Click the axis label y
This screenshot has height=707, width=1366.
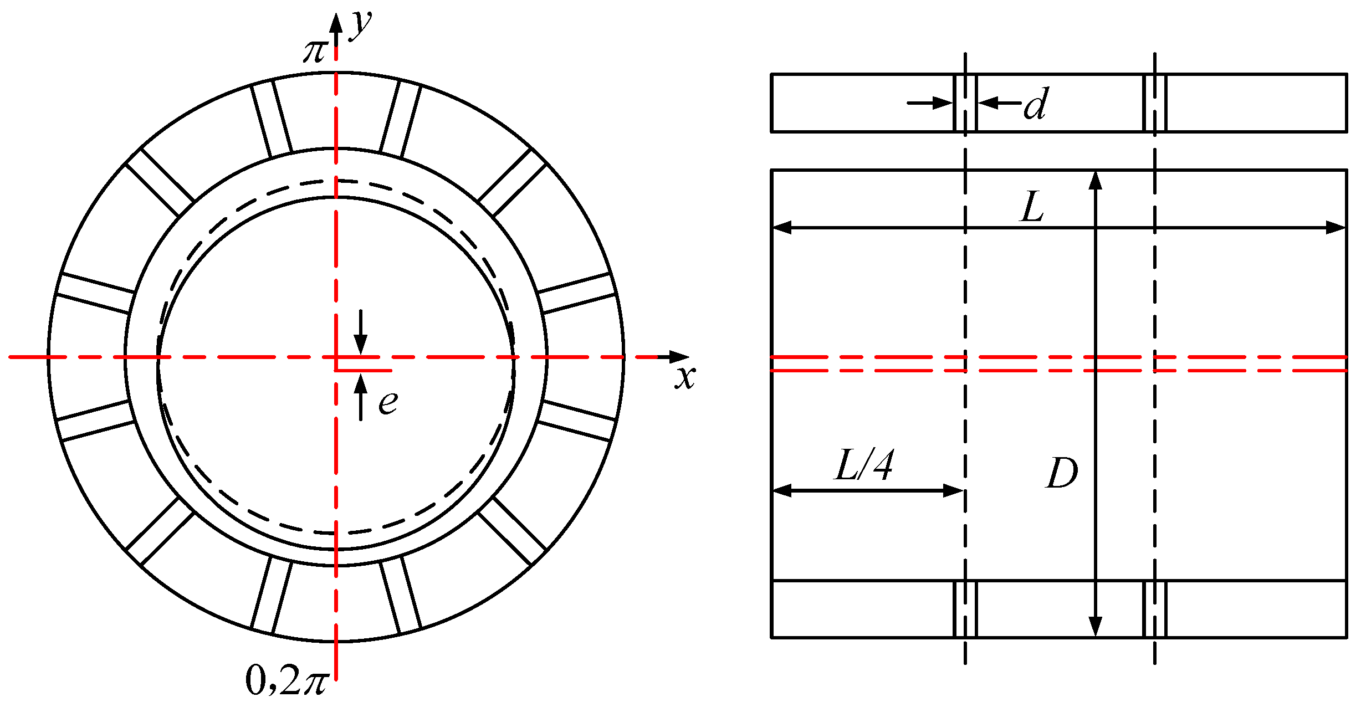pyautogui.click(x=361, y=25)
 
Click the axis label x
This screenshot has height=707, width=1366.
pyautogui.click(x=685, y=378)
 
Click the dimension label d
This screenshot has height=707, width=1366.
pyautogui.click(x=1036, y=104)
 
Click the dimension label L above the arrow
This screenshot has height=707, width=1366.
pyautogui.click(x=1032, y=207)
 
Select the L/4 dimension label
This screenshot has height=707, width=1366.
pyautogui.click(x=863, y=465)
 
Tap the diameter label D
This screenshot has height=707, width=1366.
pyautogui.click(x=1062, y=473)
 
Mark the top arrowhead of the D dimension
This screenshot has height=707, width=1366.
pyautogui.click(x=1095, y=181)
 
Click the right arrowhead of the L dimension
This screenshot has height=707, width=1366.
pyautogui.click(x=1336, y=227)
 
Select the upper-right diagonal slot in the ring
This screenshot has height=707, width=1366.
pyautogui.click(x=512, y=182)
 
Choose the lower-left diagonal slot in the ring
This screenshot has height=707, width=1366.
pyautogui.click(x=160, y=531)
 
